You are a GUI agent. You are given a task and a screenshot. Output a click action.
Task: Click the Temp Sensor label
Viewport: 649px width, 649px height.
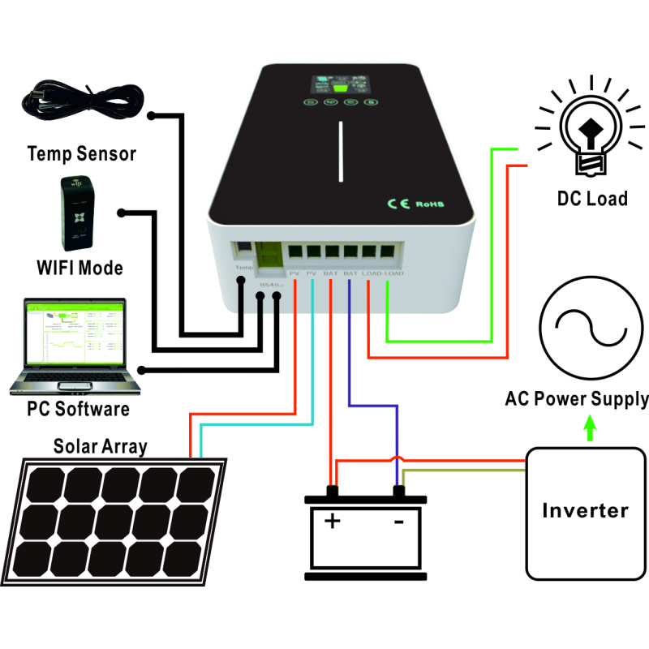(x=81, y=153)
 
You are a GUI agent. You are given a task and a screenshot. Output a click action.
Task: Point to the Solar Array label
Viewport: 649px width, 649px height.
(x=101, y=446)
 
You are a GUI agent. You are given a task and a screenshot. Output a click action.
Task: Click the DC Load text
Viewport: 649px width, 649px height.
(x=592, y=199)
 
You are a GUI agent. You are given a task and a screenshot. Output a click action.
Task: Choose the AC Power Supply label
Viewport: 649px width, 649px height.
(x=576, y=399)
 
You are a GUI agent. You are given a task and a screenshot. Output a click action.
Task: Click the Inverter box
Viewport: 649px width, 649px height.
(x=585, y=511)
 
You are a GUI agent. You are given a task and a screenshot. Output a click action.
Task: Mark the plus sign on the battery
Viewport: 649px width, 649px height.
(x=332, y=521)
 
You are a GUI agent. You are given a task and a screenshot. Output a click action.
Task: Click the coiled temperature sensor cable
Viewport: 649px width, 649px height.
(x=81, y=104)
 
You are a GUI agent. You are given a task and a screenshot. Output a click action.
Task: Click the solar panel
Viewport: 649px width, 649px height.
(x=118, y=519)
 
